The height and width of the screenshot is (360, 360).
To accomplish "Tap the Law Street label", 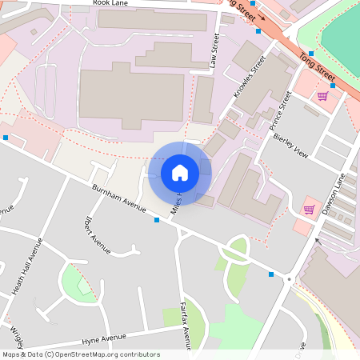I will point(214,50).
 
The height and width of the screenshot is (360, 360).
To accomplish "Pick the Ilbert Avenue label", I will point(96,235).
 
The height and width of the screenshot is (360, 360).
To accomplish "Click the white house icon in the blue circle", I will point(179,173).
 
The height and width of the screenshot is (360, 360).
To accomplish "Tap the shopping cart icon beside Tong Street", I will point(322,96).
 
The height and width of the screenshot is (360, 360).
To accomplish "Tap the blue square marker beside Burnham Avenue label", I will point(157,219).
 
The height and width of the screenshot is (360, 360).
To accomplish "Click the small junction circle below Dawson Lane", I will point(288,280).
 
